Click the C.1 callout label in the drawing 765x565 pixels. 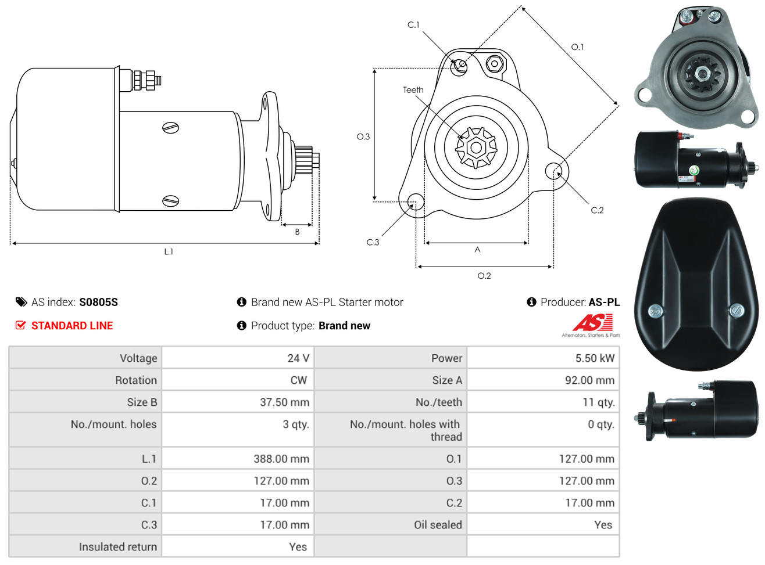[x=413, y=25]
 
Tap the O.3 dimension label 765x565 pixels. [x=363, y=137]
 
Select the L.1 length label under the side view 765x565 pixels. [x=169, y=252]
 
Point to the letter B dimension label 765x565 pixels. [x=297, y=232]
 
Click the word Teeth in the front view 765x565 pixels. [x=413, y=90]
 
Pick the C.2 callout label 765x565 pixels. [x=596, y=210]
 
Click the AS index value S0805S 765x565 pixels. [x=98, y=302]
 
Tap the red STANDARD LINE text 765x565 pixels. [x=72, y=326]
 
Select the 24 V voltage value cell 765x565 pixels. [x=298, y=358]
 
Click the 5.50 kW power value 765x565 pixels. [x=595, y=358]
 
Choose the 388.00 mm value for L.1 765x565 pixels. [x=281, y=459]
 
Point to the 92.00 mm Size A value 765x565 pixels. [x=589, y=380]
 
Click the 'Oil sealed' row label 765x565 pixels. [x=438, y=525]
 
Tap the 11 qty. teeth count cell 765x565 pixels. [x=598, y=402]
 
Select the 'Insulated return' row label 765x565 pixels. [x=117, y=547]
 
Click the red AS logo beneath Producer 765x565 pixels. [x=592, y=322]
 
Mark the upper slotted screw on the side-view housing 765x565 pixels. [x=170, y=128]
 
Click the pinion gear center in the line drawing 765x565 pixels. [x=476, y=148]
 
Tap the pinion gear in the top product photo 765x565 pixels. [x=701, y=74]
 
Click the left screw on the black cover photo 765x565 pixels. [x=655, y=311]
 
